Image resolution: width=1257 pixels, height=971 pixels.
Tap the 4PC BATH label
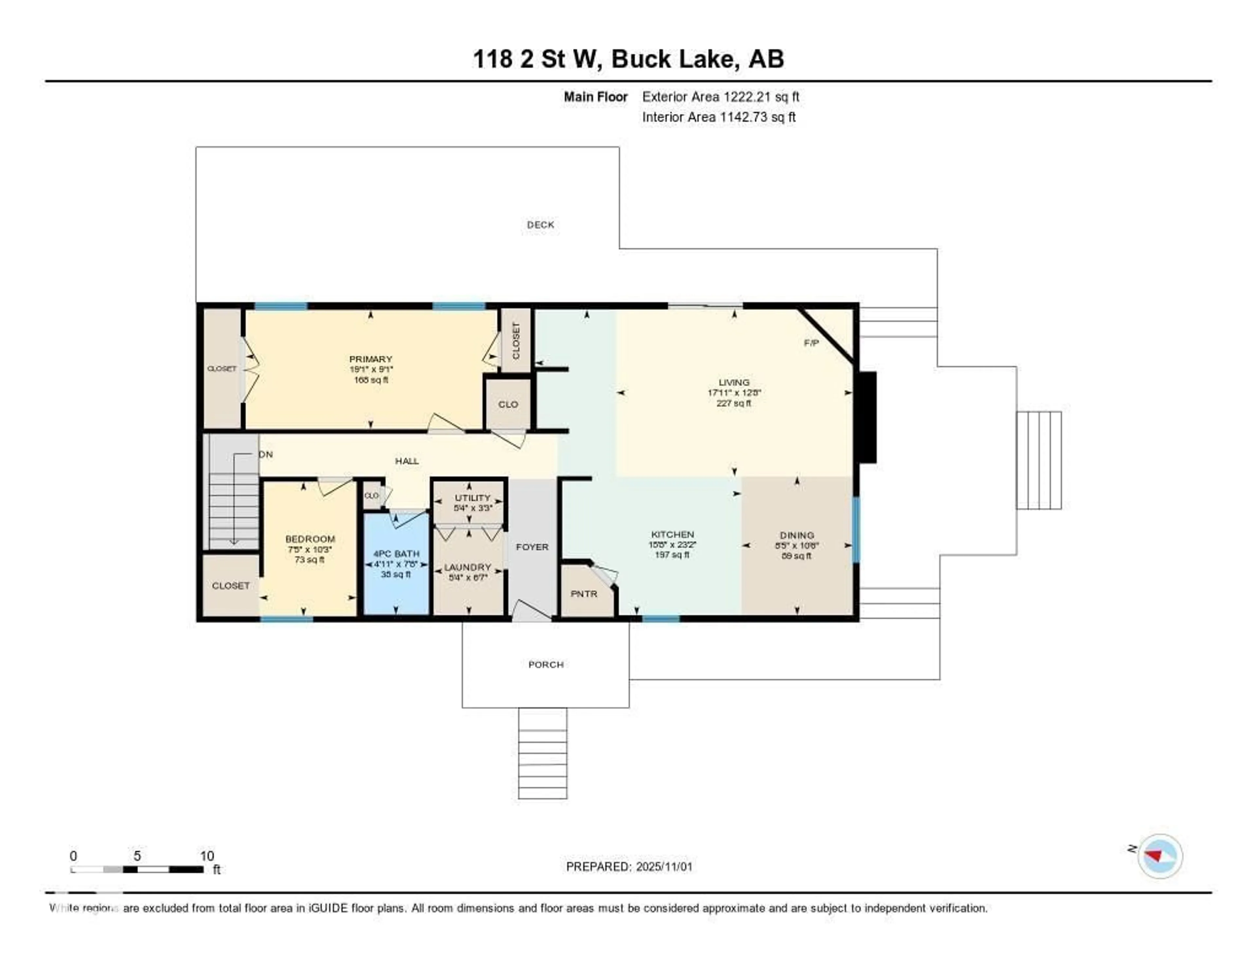(396, 554)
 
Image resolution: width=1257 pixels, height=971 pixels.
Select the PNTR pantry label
(584, 594)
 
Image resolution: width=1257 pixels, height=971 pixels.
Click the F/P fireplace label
(811, 343)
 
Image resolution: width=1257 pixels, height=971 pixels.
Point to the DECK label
(540, 225)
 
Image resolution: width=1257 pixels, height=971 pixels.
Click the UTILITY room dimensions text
(473, 508)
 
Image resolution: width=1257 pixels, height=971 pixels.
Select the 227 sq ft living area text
(734, 403)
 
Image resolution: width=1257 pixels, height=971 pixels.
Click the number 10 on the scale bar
(207, 856)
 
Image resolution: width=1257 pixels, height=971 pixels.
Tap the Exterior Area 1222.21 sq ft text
(720, 97)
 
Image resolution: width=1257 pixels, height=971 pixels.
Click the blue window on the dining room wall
(855, 529)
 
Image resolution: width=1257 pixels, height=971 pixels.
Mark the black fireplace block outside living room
(868, 417)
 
